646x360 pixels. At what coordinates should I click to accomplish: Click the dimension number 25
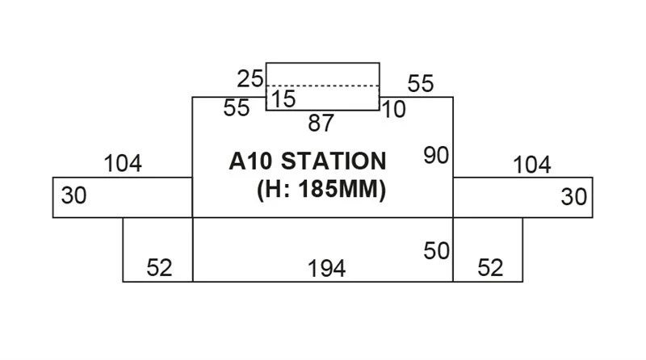pyautogui.click(x=251, y=79)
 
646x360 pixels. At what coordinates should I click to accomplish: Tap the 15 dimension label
pyautogui.click(x=283, y=99)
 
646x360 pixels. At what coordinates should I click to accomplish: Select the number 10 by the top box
pyautogui.click(x=394, y=110)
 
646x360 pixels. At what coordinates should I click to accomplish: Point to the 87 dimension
pyautogui.click(x=321, y=123)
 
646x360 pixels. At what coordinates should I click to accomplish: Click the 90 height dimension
pyautogui.click(x=435, y=156)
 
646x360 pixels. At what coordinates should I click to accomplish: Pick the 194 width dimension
pyautogui.click(x=327, y=269)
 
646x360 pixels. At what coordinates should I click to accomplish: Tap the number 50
pyautogui.click(x=436, y=251)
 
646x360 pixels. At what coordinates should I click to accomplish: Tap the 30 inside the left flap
pyautogui.click(x=73, y=196)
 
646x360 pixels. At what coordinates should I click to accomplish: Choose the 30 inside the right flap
pyautogui.click(x=574, y=196)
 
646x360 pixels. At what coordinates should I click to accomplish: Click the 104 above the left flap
pyautogui.click(x=123, y=164)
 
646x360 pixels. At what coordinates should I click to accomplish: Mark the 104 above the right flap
pyautogui.click(x=532, y=165)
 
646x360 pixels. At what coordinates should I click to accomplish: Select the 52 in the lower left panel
pyautogui.click(x=159, y=268)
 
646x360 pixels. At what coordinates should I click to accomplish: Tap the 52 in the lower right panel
pyautogui.click(x=490, y=268)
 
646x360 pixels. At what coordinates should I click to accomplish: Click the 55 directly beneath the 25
pyautogui.click(x=237, y=109)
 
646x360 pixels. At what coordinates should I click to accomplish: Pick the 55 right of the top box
pyautogui.click(x=421, y=83)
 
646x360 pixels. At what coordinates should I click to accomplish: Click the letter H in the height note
pyautogui.click(x=273, y=191)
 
